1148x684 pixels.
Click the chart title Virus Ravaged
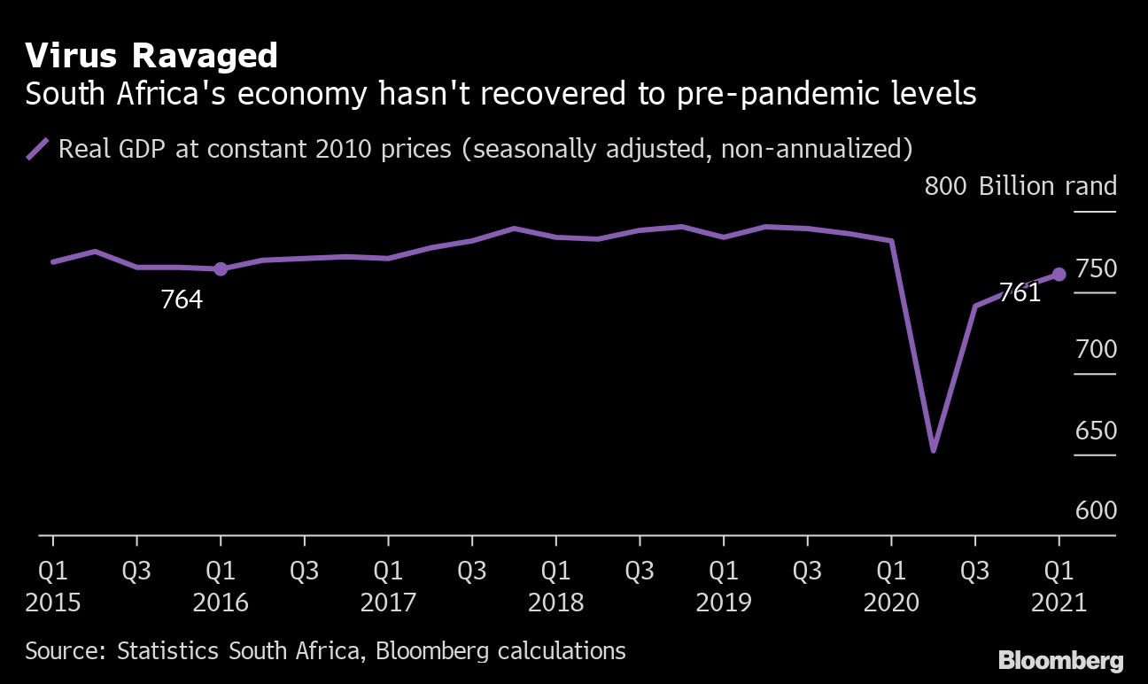151,57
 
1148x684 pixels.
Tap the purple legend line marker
37,149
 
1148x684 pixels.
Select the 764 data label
182,300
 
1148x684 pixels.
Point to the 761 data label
1020,292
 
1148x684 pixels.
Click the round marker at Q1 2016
221,269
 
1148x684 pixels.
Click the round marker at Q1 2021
1059,275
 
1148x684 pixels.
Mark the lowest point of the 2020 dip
933,450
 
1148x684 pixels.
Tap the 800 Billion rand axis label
1020,187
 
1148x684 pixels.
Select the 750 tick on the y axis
1095,268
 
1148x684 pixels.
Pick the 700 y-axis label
1095,350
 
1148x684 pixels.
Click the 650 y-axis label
1095,431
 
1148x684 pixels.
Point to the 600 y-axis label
1095,512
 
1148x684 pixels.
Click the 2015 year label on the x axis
53,603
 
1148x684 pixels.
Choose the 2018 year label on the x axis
555,603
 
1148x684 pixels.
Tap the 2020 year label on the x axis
891,603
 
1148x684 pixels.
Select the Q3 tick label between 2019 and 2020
807,570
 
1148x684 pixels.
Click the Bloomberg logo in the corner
1060,660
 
